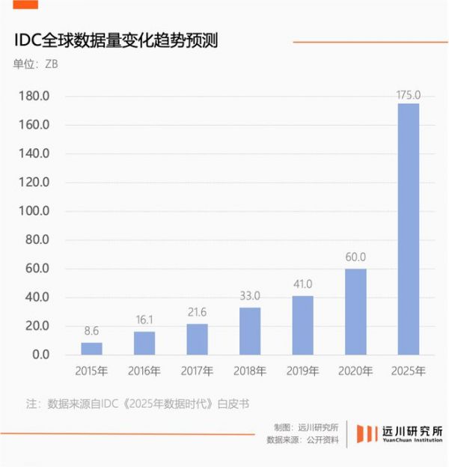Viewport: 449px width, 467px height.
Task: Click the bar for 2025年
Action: click(x=408, y=229)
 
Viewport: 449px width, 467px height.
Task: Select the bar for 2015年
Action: click(x=91, y=349)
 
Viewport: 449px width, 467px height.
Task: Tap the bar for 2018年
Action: click(x=250, y=331)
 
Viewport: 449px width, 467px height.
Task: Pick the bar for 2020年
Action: click(x=355, y=311)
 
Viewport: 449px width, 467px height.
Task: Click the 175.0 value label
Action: click(x=408, y=95)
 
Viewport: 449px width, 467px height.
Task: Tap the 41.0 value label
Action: click(x=302, y=284)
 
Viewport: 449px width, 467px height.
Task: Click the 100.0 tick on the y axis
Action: click(x=33, y=211)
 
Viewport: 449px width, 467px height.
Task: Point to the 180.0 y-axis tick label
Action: click(x=33, y=97)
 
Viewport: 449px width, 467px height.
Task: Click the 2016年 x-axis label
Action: click(x=144, y=370)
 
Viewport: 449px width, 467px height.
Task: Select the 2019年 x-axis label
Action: click(x=302, y=370)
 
